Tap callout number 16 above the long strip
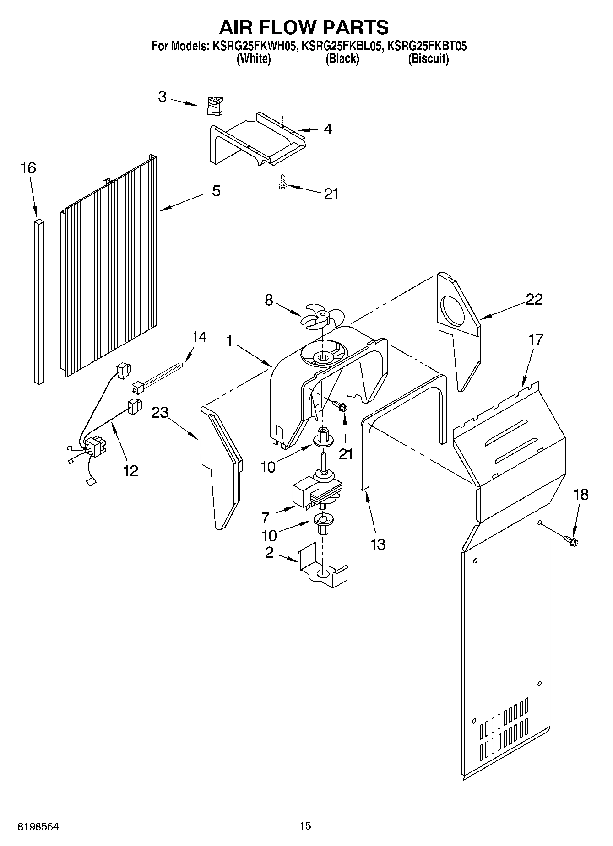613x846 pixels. [28, 168]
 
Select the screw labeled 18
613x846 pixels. [572, 541]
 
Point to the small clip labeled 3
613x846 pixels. [214, 106]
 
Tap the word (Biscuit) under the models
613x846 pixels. [429, 59]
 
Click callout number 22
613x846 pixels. [534, 299]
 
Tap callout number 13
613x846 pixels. [378, 544]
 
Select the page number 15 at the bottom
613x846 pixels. [305, 826]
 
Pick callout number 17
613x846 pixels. [536, 339]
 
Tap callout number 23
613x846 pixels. [160, 412]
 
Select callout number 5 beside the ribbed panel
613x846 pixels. [216, 191]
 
